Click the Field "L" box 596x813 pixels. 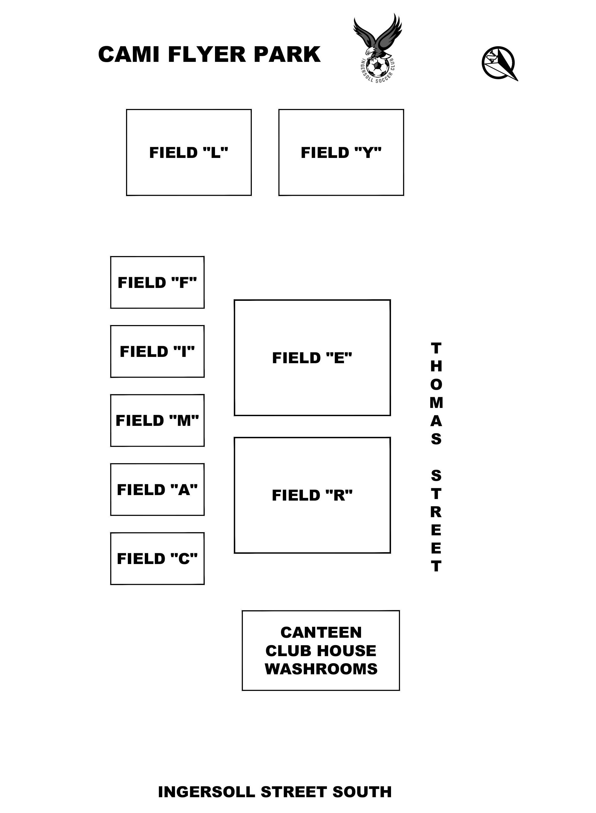pyautogui.click(x=189, y=152)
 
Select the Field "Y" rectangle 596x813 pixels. pyautogui.click(x=341, y=152)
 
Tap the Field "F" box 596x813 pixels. pyautogui.click(x=157, y=283)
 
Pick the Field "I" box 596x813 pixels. pyautogui.click(x=157, y=351)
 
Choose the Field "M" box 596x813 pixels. pyautogui.click(x=157, y=420)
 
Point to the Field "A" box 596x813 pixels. pyautogui.click(x=157, y=490)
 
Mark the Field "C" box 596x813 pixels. pyautogui.click(x=157, y=558)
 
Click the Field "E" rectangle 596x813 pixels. pyautogui.click(x=312, y=358)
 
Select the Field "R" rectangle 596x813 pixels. pyautogui.click(x=312, y=495)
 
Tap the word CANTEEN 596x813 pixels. pyautogui.click(x=321, y=632)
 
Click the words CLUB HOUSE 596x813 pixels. pyautogui.click(x=321, y=651)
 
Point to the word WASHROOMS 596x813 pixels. pyautogui.click(x=321, y=669)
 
